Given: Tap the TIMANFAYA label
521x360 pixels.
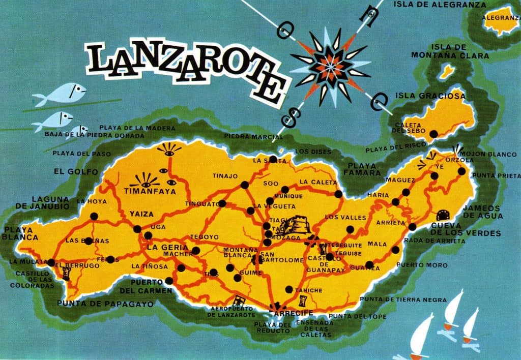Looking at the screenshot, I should [x=150, y=192].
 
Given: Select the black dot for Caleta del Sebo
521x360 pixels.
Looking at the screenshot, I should [x=433, y=134].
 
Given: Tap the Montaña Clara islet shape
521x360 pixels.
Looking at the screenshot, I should [x=447, y=72].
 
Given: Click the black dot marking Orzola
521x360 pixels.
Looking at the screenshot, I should [x=461, y=171].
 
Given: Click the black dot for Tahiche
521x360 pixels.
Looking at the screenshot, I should [x=289, y=289].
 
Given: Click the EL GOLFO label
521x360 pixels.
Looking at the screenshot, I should [x=76, y=172].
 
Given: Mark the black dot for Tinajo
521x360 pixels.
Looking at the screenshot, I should [x=244, y=185].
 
